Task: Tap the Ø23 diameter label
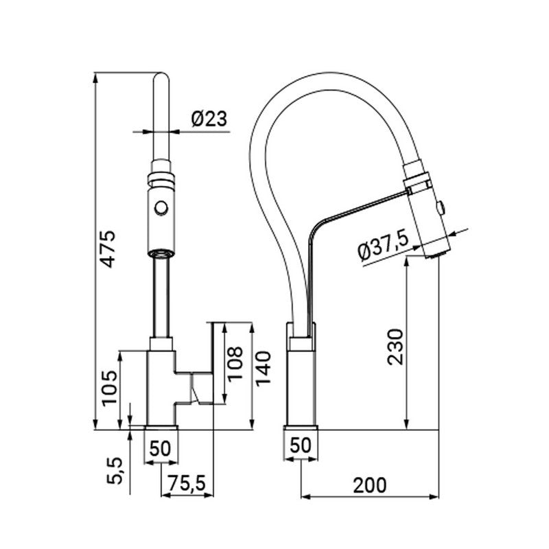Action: [x=209, y=119]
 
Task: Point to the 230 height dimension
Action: [x=396, y=347]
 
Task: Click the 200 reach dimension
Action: [x=370, y=485]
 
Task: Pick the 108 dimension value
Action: [x=235, y=363]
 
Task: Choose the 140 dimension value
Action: [x=264, y=369]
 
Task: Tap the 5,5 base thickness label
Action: [x=115, y=471]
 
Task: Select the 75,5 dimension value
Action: [x=186, y=484]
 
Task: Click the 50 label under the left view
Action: [x=161, y=448]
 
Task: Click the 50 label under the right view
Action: [x=301, y=445]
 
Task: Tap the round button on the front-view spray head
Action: [x=161, y=207]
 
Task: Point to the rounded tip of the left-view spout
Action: [x=161, y=75]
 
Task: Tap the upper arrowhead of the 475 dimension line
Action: [x=95, y=78]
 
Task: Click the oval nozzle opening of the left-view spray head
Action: [x=161, y=253]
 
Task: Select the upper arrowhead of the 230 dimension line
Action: [x=406, y=261]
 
